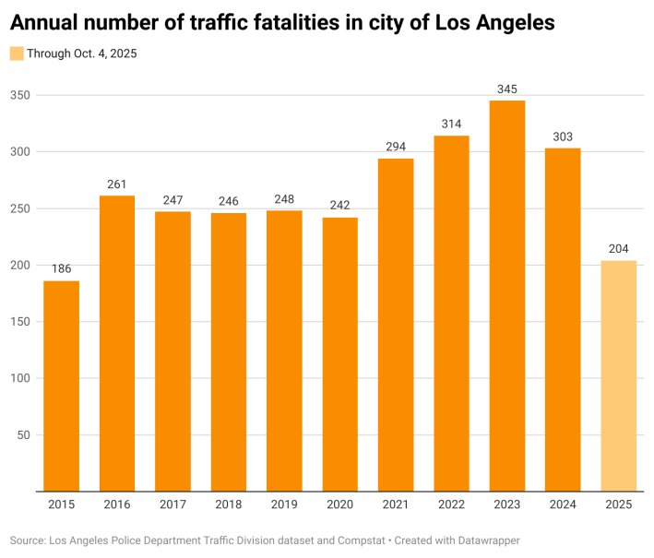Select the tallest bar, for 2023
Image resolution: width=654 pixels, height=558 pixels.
[x=507, y=295]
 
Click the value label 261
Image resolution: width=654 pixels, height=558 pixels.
[x=117, y=184]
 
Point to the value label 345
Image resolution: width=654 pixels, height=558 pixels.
[x=507, y=89]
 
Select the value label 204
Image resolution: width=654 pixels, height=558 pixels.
[x=618, y=249]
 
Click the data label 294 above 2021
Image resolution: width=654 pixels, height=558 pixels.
[x=396, y=147]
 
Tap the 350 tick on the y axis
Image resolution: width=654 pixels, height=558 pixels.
[x=20, y=95]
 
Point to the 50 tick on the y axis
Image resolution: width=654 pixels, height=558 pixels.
[x=23, y=434]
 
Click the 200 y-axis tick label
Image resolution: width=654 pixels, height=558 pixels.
[x=20, y=265]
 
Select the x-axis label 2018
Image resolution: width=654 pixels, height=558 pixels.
[x=228, y=505]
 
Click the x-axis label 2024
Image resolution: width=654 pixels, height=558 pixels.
[x=563, y=505]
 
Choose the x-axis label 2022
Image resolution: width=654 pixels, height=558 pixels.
[x=451, y=505]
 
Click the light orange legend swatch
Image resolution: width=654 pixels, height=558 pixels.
[x=17, y=53]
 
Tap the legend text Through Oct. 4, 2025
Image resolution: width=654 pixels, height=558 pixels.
[x=81, y=53]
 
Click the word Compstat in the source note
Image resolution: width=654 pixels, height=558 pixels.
[x=343, y=540]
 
